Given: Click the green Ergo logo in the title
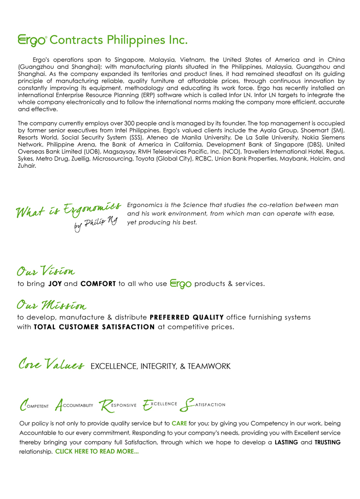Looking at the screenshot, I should [x=32, y=39].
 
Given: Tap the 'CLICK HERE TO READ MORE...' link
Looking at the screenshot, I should [x=97, y=451].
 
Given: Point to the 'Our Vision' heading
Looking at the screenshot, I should [x=46, y=270].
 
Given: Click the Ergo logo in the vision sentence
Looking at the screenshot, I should [x=179, y=284].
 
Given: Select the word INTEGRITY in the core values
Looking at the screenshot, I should [x=152, y=366].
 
